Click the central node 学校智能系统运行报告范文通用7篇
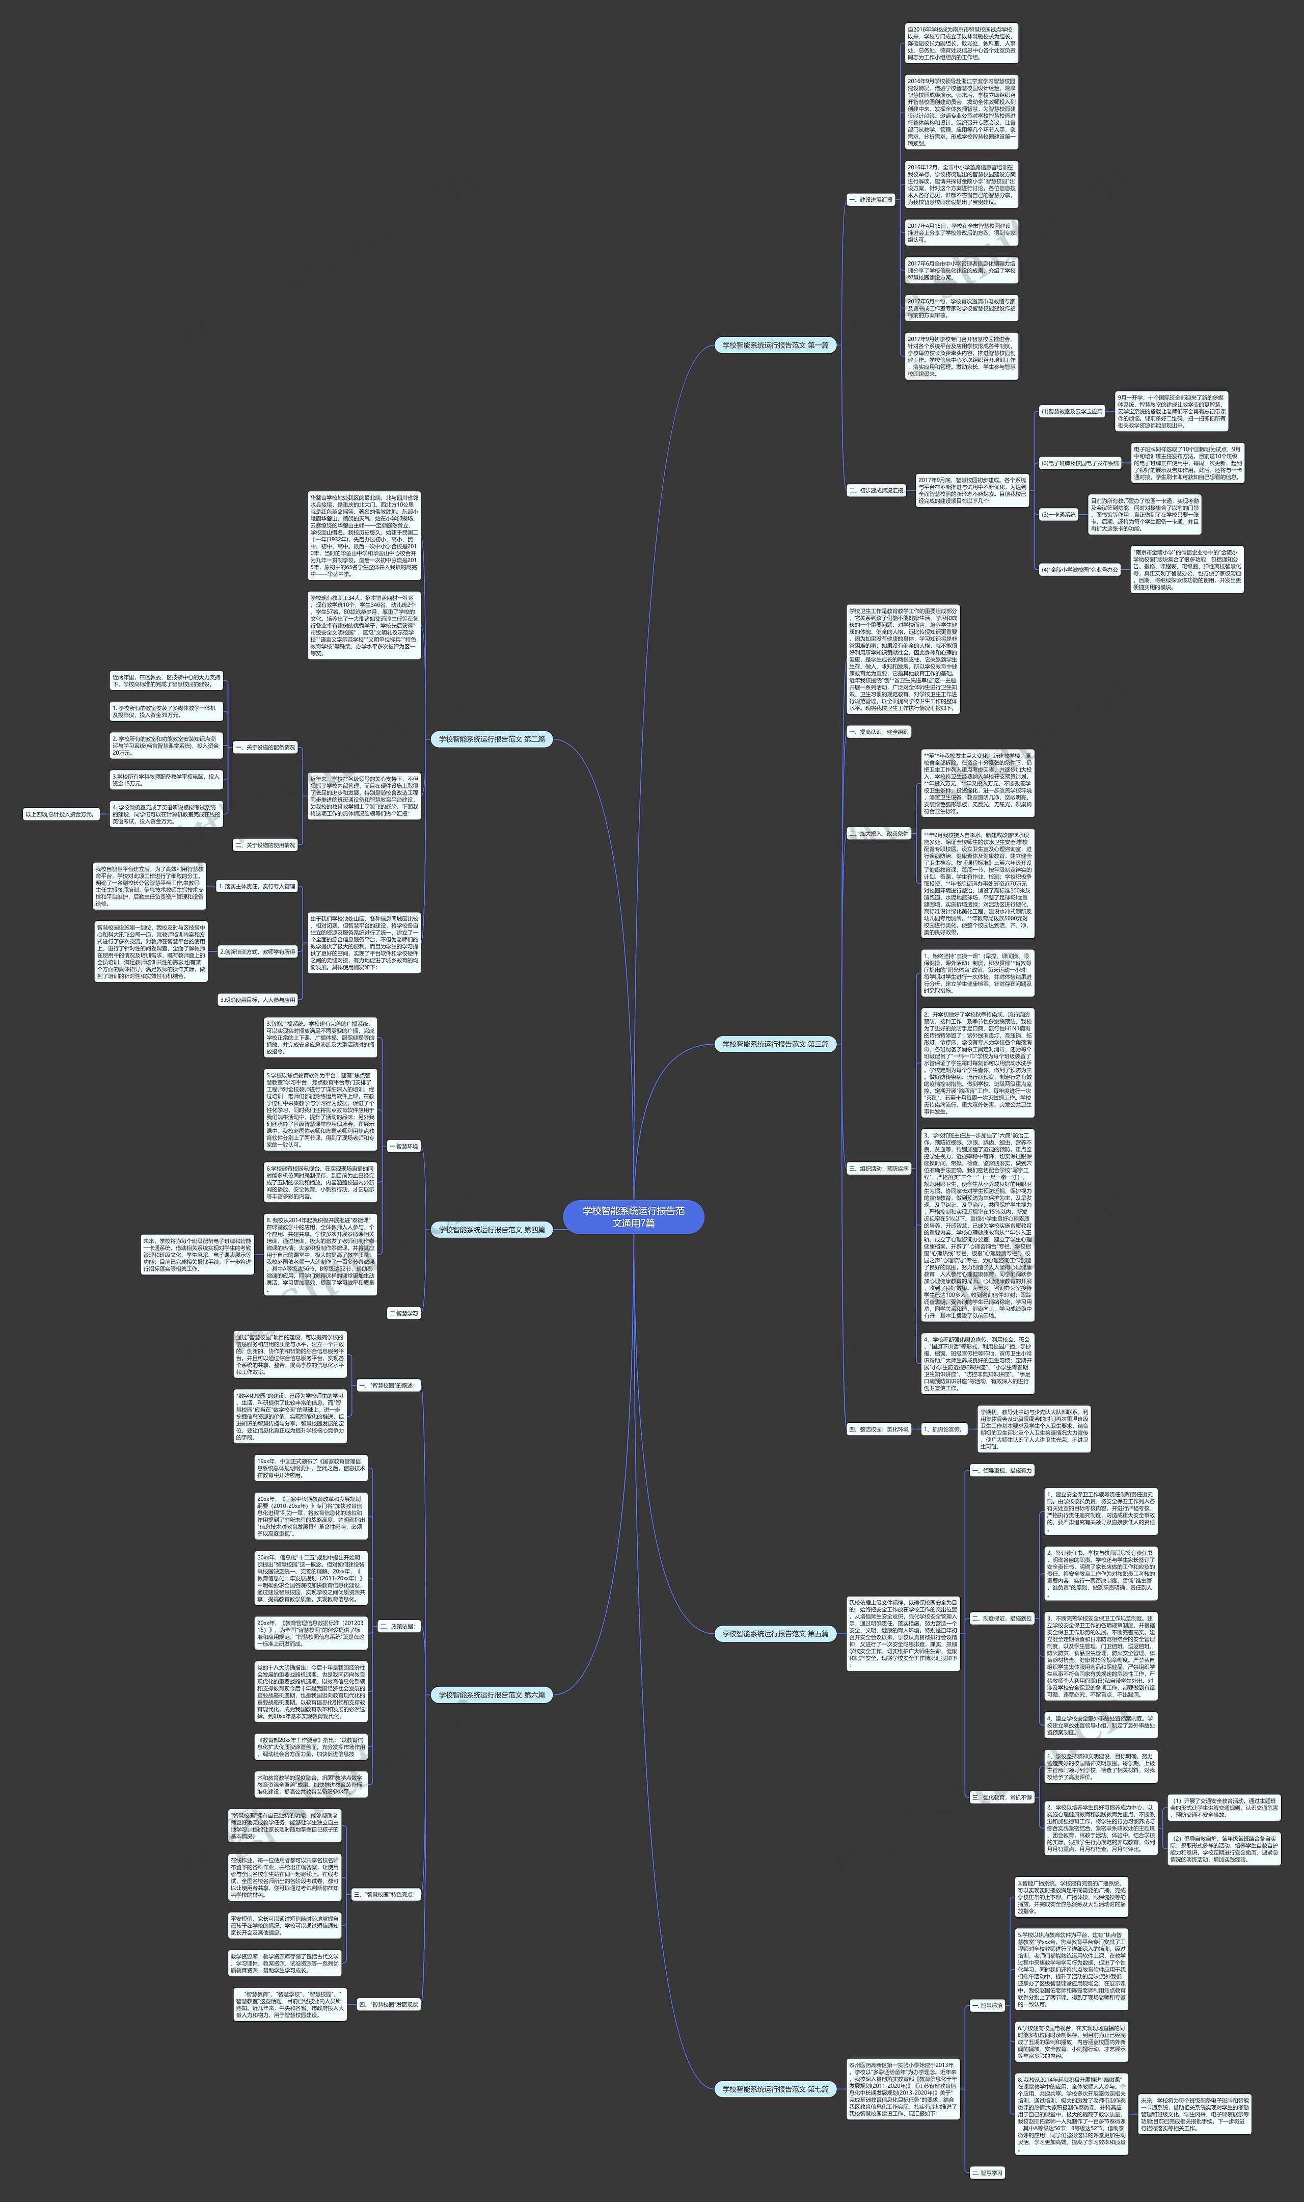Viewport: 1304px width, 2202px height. [634, 1216]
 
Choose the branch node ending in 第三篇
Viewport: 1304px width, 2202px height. [775, 1044]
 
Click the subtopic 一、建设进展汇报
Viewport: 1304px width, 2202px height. [870, 200]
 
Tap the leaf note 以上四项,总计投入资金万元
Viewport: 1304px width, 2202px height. [60, 814]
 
